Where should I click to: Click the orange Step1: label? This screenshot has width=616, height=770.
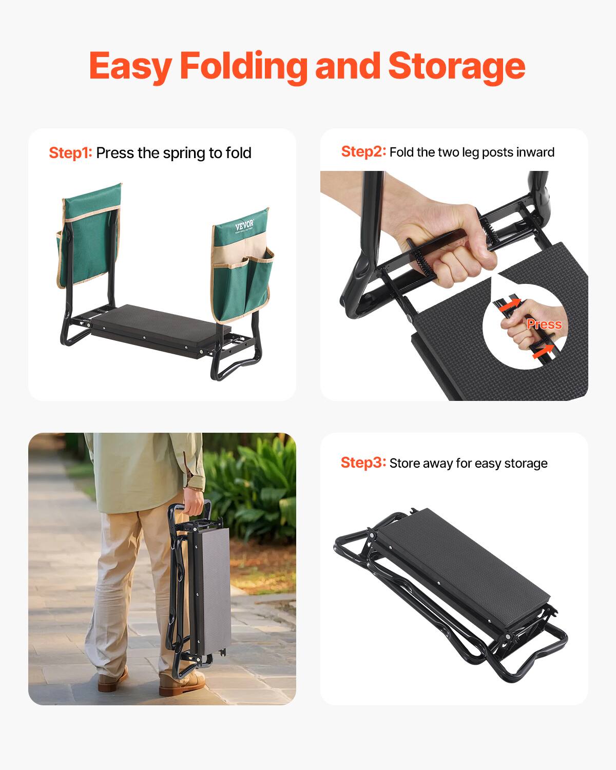(70, 153)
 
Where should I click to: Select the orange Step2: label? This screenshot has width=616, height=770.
(363, 151)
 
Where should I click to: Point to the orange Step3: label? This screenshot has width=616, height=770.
(363, 463)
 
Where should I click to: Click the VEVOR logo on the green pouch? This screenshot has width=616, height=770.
(244, 226)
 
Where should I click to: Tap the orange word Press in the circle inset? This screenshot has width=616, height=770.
(544, 324)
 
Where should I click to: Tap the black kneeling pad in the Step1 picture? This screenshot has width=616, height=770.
(154, 329)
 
